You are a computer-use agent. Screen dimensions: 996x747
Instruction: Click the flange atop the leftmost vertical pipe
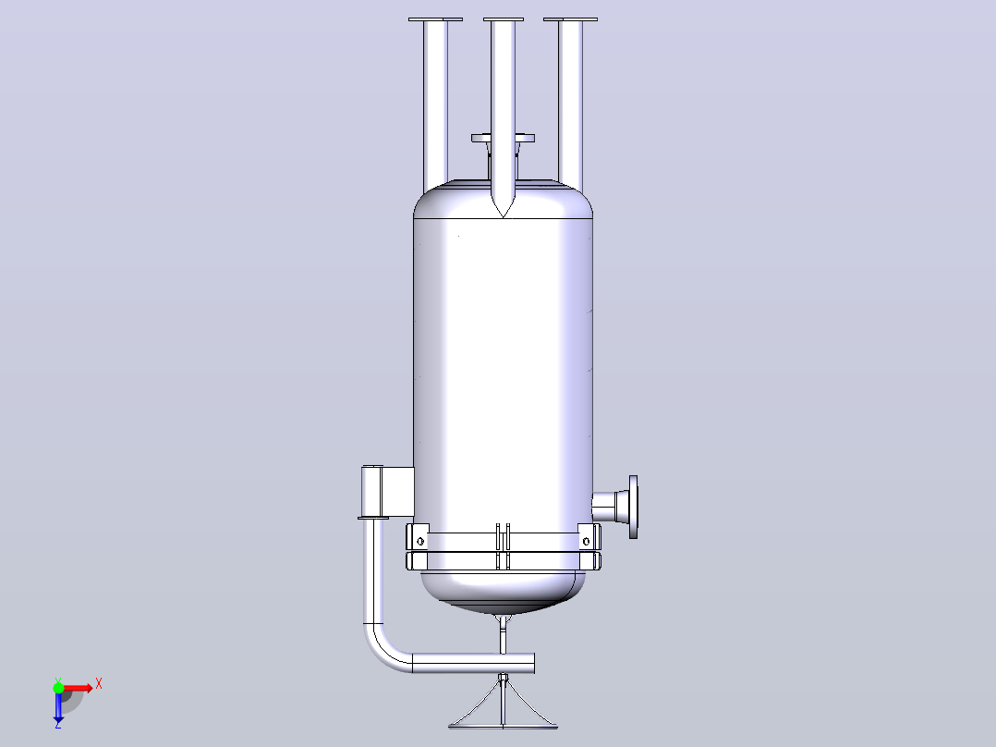[x=435, y=19]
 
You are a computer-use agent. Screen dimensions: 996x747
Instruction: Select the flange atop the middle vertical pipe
[x=504, y=19]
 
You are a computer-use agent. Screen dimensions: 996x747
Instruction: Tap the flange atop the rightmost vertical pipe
[x=570, y=19]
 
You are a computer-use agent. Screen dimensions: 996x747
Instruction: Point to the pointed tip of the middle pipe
[x=503, y=216]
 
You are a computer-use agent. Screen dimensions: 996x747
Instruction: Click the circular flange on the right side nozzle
[x=633, y=507]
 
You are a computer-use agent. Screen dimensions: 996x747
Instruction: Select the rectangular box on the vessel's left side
[x=387, y=492]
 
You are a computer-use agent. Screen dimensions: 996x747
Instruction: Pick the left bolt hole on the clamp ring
[x=419, y=542]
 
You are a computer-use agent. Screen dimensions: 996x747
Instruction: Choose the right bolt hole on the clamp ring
[x=586, y=542]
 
